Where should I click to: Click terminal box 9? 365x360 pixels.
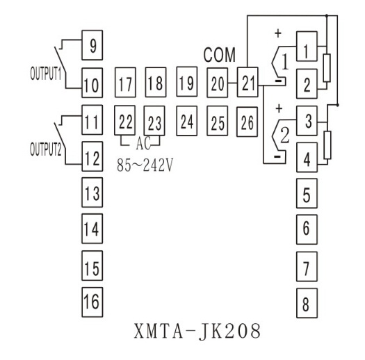(92, 45)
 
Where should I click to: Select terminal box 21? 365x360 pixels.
(248, 82)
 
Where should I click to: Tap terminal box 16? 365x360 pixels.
(92, 302)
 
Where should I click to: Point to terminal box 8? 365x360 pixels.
(307, 303)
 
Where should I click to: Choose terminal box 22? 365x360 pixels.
(124, 120)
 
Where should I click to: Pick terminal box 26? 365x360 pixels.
(247, 122)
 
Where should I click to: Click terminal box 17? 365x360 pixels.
(125, 83)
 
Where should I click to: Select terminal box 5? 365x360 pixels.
(307, 193)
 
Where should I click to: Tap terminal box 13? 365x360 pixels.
(92, 193)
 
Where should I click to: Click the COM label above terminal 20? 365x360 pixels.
(219, 55)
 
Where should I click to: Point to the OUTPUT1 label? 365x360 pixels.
(46, 73)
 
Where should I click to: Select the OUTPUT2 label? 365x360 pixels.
(46, 149)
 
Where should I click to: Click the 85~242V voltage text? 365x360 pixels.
(145, 165)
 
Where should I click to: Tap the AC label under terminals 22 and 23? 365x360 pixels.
(143, 143)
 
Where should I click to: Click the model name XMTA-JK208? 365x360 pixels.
(197, 331)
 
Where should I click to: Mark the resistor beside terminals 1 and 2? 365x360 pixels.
(327, 67)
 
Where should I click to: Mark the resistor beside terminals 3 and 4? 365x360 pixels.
(327, 145)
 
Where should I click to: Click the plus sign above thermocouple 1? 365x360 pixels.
(278, 33)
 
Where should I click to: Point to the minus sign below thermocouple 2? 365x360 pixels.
(277, 156)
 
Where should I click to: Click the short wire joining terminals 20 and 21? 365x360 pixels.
(232, 83)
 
